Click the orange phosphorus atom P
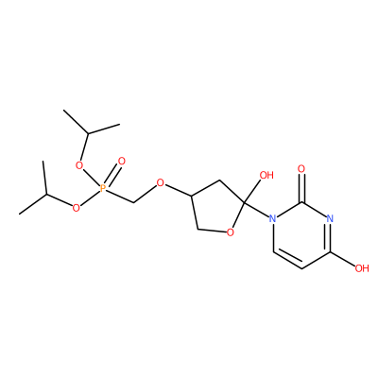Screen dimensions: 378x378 point(102,189)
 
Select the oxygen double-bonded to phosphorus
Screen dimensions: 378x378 point(121,162)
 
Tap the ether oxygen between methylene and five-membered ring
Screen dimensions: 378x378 point(161,182)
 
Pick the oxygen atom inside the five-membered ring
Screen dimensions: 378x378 point(231,232)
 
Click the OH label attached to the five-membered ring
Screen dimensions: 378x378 point(266,175)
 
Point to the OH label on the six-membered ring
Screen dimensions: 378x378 point(362,268)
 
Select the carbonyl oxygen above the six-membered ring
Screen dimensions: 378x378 point(301,169)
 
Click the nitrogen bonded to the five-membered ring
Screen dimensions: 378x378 point(273,218)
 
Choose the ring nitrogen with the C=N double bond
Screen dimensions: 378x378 point(330,218)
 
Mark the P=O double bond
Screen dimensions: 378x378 point(112,176)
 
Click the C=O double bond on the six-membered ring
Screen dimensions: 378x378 point(301,188)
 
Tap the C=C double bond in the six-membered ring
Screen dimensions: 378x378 point(287,259)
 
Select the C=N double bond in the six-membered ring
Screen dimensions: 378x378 point(330,236)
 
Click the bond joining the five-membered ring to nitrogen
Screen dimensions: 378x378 point(256,210)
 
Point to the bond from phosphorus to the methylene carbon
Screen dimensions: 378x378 point(120,196)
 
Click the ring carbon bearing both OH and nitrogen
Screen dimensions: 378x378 point(244,203)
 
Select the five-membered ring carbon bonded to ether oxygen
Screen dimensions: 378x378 point(191,197)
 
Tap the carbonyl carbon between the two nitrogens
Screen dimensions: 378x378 point(301,202)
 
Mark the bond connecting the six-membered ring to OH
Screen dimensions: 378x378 point(343,260)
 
